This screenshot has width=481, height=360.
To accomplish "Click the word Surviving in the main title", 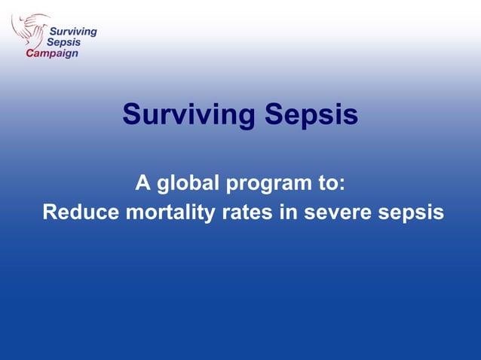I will (188, 115).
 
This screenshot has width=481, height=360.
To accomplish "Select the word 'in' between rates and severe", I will (289, 212).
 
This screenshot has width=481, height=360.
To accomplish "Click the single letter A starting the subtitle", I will (142, 182).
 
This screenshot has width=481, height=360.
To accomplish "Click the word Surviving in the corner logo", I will (72, 32).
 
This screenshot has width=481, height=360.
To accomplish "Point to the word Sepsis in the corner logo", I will (64, 43).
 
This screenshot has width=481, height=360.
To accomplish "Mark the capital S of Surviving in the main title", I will (132, 115).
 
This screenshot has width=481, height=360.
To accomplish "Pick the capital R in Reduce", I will (51, 212).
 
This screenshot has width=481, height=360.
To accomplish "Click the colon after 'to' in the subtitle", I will (342, 184).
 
